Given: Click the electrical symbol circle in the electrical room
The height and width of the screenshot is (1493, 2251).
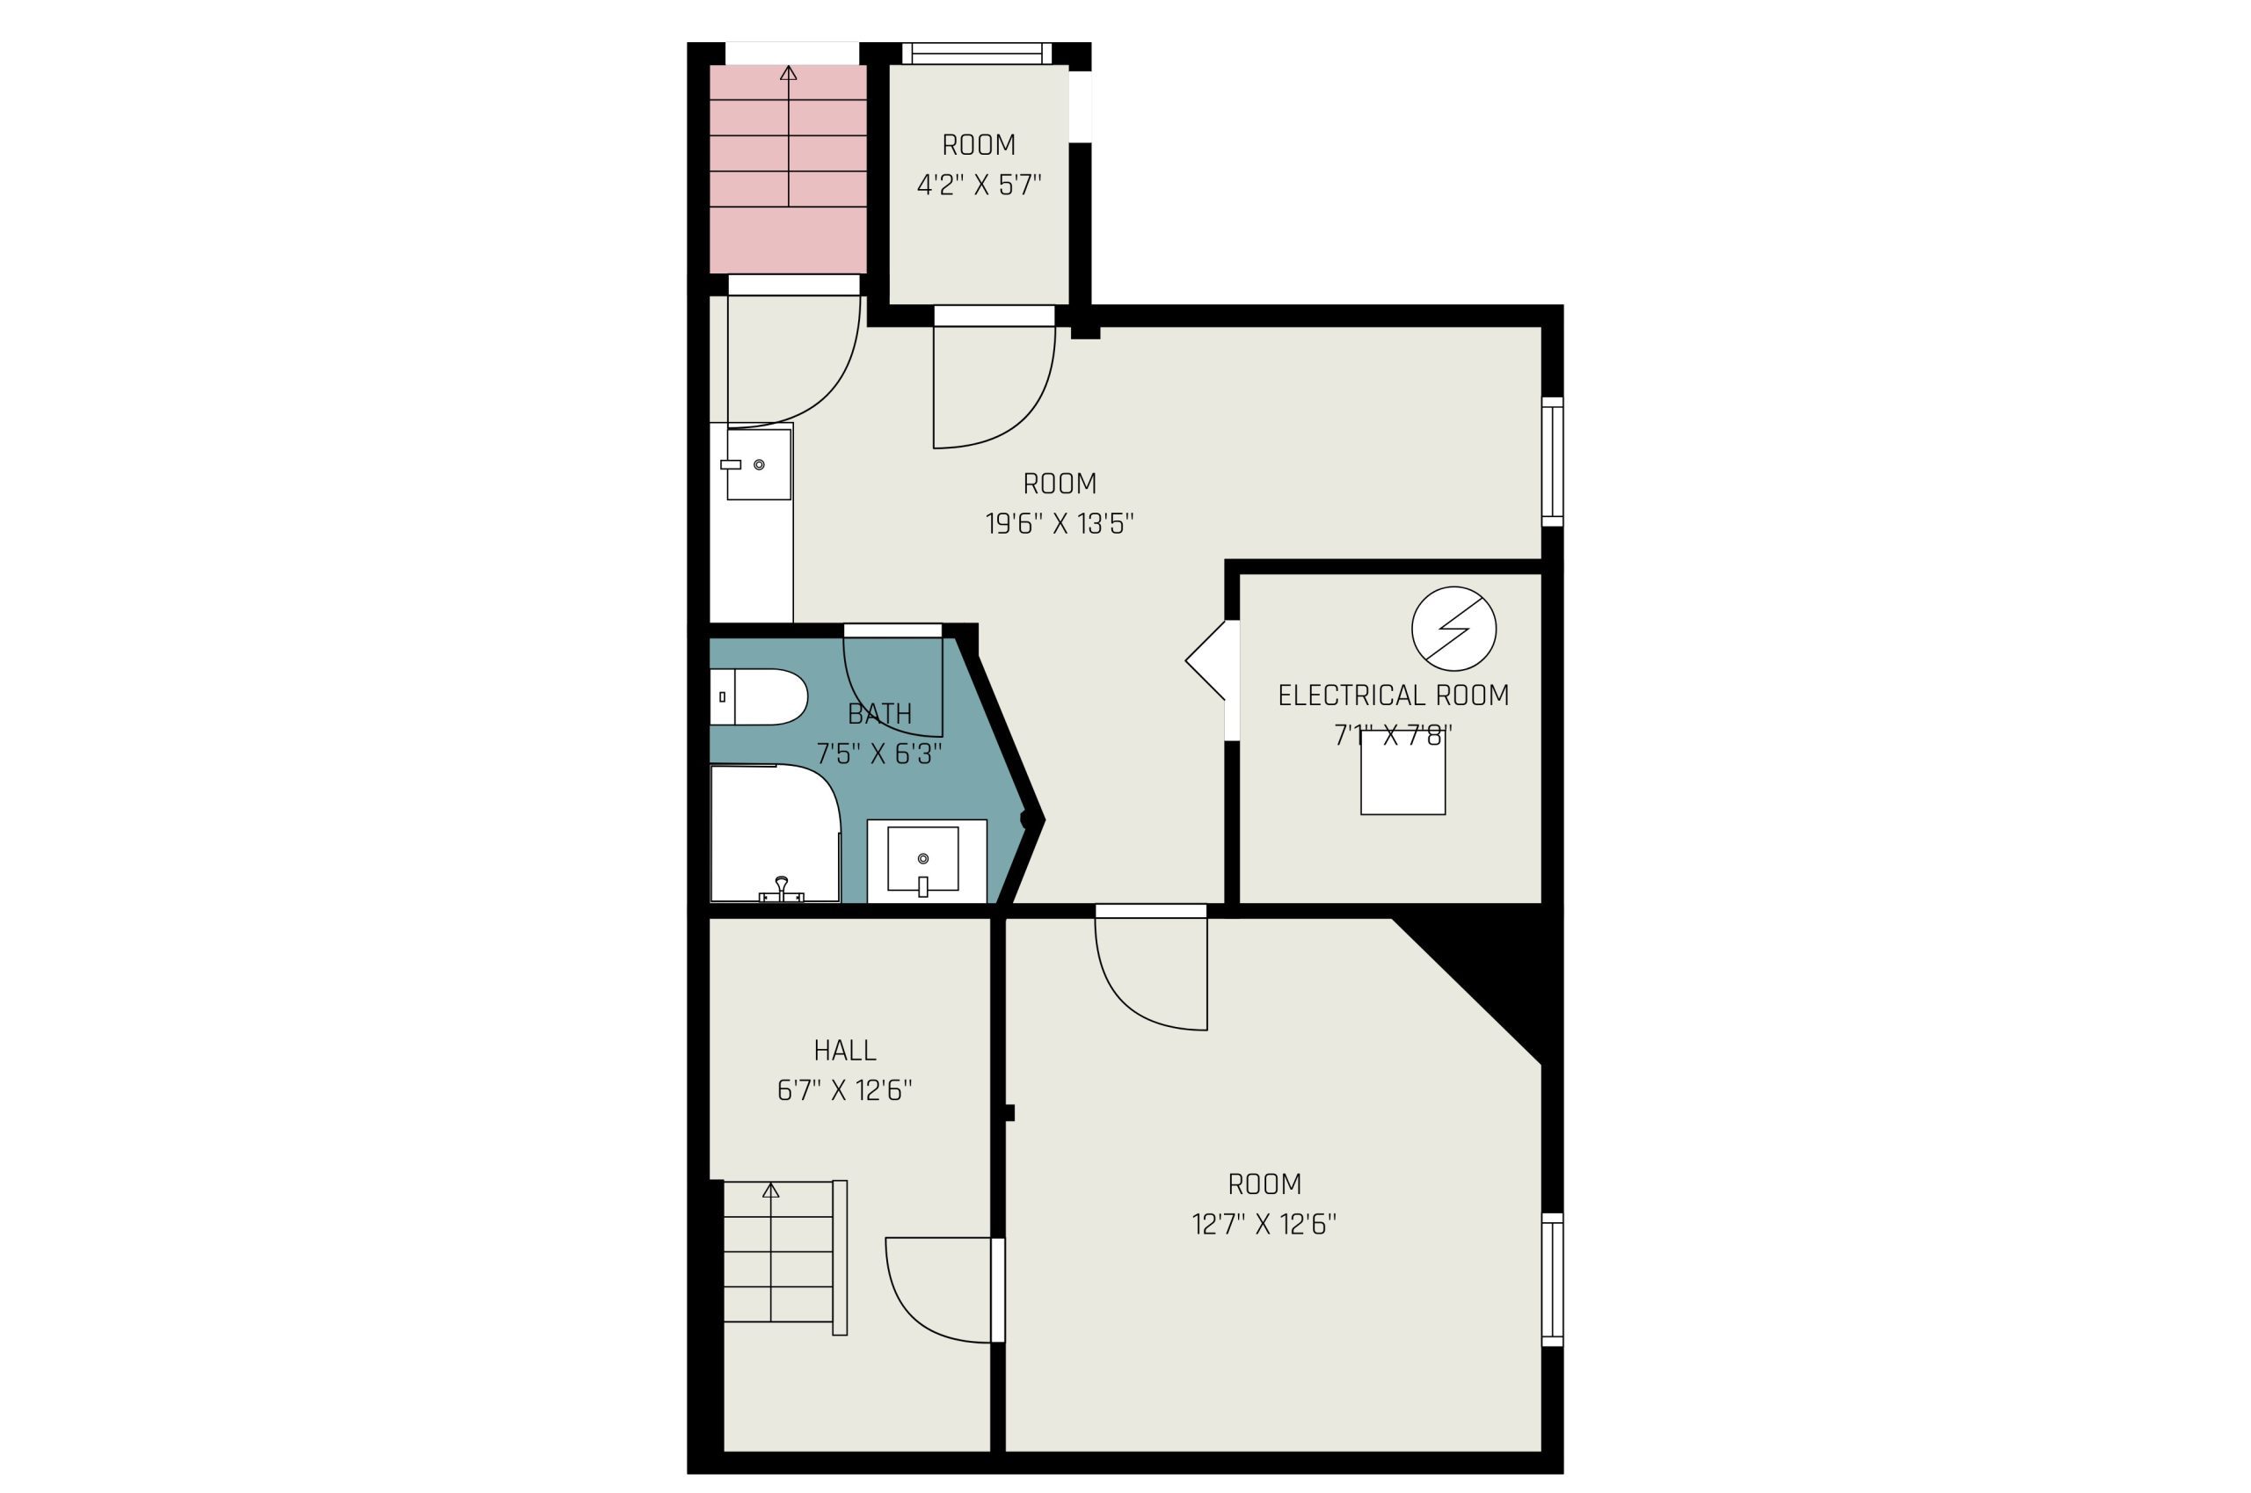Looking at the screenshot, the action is [x=1453, y=629].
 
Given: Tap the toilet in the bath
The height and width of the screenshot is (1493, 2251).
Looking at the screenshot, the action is [x=759, y=696].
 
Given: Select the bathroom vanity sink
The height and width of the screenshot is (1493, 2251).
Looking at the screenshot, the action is [x=922, y=860].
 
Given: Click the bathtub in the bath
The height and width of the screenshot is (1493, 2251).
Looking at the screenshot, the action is [x=775, y=834].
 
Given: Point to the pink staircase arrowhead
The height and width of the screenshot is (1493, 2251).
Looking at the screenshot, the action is [x=789, y=72].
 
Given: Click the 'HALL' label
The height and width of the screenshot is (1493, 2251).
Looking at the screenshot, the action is [x=845, y=1050].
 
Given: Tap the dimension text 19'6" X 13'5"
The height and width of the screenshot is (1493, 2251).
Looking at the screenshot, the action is [x=1060, y=524].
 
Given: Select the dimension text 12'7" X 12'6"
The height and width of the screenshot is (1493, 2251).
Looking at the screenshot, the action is [x=1264, y=1224].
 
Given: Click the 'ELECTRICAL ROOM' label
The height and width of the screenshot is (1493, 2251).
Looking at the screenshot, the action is [x=1393, y=696].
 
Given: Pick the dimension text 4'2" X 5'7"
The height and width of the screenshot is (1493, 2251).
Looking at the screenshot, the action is [x=979, y=185].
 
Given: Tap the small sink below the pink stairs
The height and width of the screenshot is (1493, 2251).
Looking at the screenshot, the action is [x=759, y=463].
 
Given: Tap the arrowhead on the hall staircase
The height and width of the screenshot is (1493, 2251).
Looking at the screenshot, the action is [x=771, y=1191].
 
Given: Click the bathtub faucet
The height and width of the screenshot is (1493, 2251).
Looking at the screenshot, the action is [x=782, y=891].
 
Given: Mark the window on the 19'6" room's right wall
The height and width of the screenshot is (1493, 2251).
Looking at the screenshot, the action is [x=1552, y=462].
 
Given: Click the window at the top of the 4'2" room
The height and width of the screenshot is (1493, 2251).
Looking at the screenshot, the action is [x=977, y=54].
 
